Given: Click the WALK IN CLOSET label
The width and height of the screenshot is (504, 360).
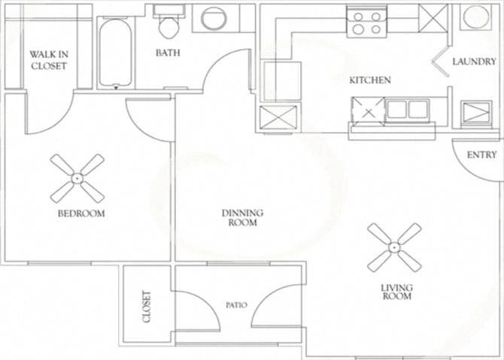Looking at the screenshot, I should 48,60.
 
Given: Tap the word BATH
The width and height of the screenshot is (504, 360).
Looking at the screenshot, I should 167,53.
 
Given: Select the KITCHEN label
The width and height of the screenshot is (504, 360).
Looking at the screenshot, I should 369,80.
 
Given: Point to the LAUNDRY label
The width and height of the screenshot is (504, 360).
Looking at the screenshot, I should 474,62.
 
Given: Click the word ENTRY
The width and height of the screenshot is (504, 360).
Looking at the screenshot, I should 481,155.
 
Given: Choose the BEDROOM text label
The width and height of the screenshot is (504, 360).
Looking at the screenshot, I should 81,213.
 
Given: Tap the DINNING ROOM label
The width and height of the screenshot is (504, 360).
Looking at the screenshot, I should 241,218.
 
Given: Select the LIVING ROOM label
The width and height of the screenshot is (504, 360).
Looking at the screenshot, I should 396,291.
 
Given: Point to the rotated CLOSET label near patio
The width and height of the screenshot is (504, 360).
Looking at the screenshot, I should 146,307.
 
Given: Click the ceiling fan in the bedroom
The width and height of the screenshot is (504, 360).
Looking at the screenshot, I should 77,178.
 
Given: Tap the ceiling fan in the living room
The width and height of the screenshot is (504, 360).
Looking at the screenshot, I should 394,247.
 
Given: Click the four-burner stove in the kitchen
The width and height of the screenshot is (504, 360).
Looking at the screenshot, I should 367,23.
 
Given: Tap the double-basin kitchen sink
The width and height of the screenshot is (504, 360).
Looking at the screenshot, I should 407,110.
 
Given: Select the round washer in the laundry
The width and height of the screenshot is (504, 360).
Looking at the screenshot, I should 475,17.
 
